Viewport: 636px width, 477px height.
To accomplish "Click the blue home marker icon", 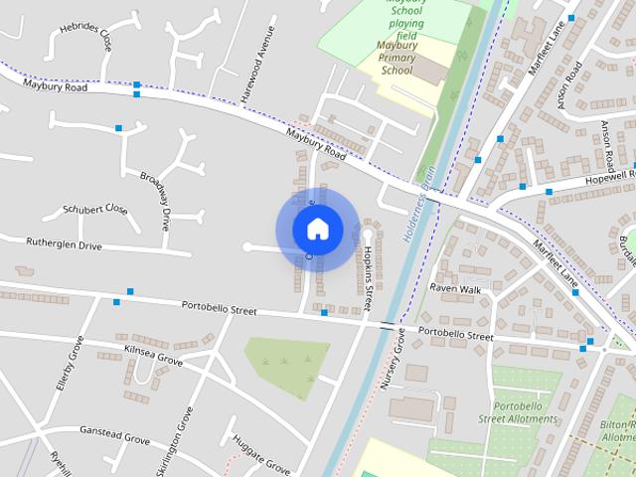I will pyautogui.click(x=316, y=229).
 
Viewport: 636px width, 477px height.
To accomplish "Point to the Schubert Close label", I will pyautogui.click(x=95, y=210).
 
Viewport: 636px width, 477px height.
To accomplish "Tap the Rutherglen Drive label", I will pyautogui.click(x=64, y=244).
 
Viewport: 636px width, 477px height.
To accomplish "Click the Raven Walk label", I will pyautogui.click(x=455, y=288).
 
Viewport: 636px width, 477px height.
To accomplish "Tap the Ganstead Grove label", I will pyautogui.click(x=115, y=437).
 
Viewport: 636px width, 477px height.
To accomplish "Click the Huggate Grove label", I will pyautogui.click(x=259, y=452).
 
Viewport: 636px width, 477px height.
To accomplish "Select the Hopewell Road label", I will pyautogui.click(x=597, y=179).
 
